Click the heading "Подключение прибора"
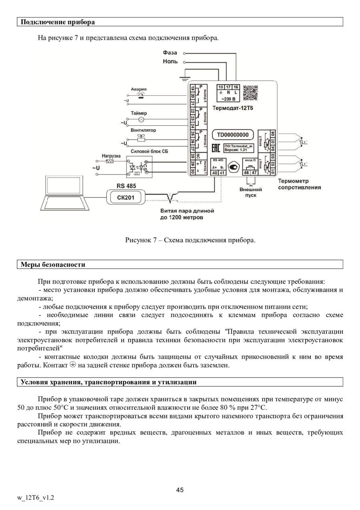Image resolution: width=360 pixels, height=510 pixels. [58, 22]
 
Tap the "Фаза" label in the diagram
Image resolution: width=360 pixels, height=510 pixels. [171, 52]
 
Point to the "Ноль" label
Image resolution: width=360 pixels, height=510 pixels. [170, 62]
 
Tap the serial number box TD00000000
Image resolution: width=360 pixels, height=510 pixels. [233, 135]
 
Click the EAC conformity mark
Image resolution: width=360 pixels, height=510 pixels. [215, 148]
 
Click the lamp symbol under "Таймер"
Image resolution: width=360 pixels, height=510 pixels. [141, 119]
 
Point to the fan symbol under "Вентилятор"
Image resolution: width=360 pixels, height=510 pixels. [141, 137]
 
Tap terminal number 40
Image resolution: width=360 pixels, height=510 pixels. [215, 173]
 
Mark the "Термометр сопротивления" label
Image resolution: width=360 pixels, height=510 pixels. [299, 184]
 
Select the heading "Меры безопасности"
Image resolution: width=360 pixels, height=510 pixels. [53, 265]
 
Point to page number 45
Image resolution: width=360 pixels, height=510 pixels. [180, 490]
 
